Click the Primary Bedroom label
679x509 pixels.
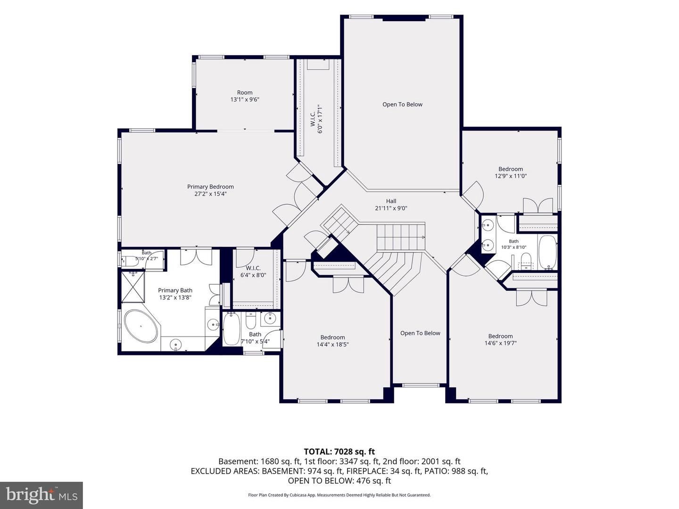[x=210, y=187]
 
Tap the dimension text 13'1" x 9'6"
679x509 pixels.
[x=245, y=99]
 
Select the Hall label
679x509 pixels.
[x=391, y=201]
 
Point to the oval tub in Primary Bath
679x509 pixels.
[x=141, y=326]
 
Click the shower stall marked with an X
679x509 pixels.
[x=133, y=287]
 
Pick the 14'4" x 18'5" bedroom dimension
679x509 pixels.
[x=332, y=344]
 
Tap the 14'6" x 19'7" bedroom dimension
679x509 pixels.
[x=500, y=343]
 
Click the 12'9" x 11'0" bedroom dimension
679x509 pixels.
[x=511, y=176]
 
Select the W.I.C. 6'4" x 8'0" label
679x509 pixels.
[x=253, y=271]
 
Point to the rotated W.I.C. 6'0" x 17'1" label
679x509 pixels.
[x=316, y=119]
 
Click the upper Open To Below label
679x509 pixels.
[x=402, y=105]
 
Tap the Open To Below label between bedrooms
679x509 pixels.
[x=420, y=333]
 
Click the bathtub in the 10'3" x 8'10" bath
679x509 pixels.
[x=547, y=253]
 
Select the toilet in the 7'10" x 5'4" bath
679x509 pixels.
[x=250, y=320]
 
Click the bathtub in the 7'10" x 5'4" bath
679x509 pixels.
[x=232, y=329]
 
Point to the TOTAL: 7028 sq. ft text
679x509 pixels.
[x=339, y=452]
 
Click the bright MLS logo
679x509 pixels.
[x=41, y=495]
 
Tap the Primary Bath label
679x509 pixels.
[x=175, y=290]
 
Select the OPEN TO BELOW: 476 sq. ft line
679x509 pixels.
[x=339, y=481]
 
